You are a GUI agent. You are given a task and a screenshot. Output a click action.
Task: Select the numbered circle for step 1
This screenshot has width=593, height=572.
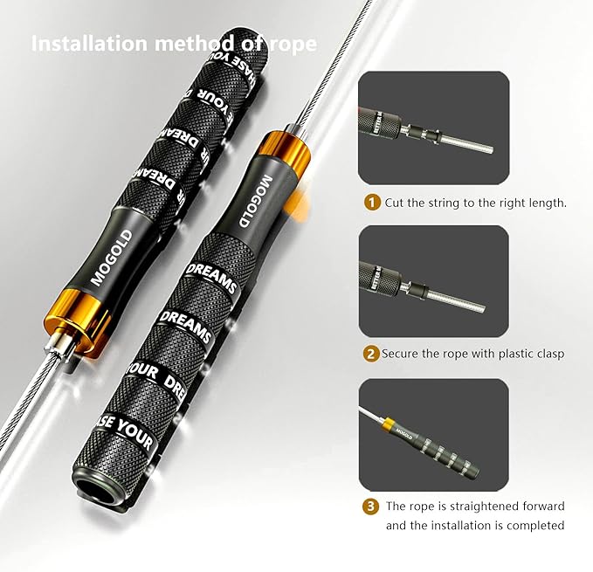pos(371,203)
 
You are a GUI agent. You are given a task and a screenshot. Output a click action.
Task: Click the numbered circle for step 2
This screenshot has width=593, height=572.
pos(371,355)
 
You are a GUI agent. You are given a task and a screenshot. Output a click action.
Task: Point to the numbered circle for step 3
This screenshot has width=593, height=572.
pos(371,507)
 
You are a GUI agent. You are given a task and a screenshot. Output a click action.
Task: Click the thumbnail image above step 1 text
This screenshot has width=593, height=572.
pos(433,129)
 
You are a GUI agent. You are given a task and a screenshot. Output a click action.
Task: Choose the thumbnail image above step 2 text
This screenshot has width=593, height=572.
pos(433,281)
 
